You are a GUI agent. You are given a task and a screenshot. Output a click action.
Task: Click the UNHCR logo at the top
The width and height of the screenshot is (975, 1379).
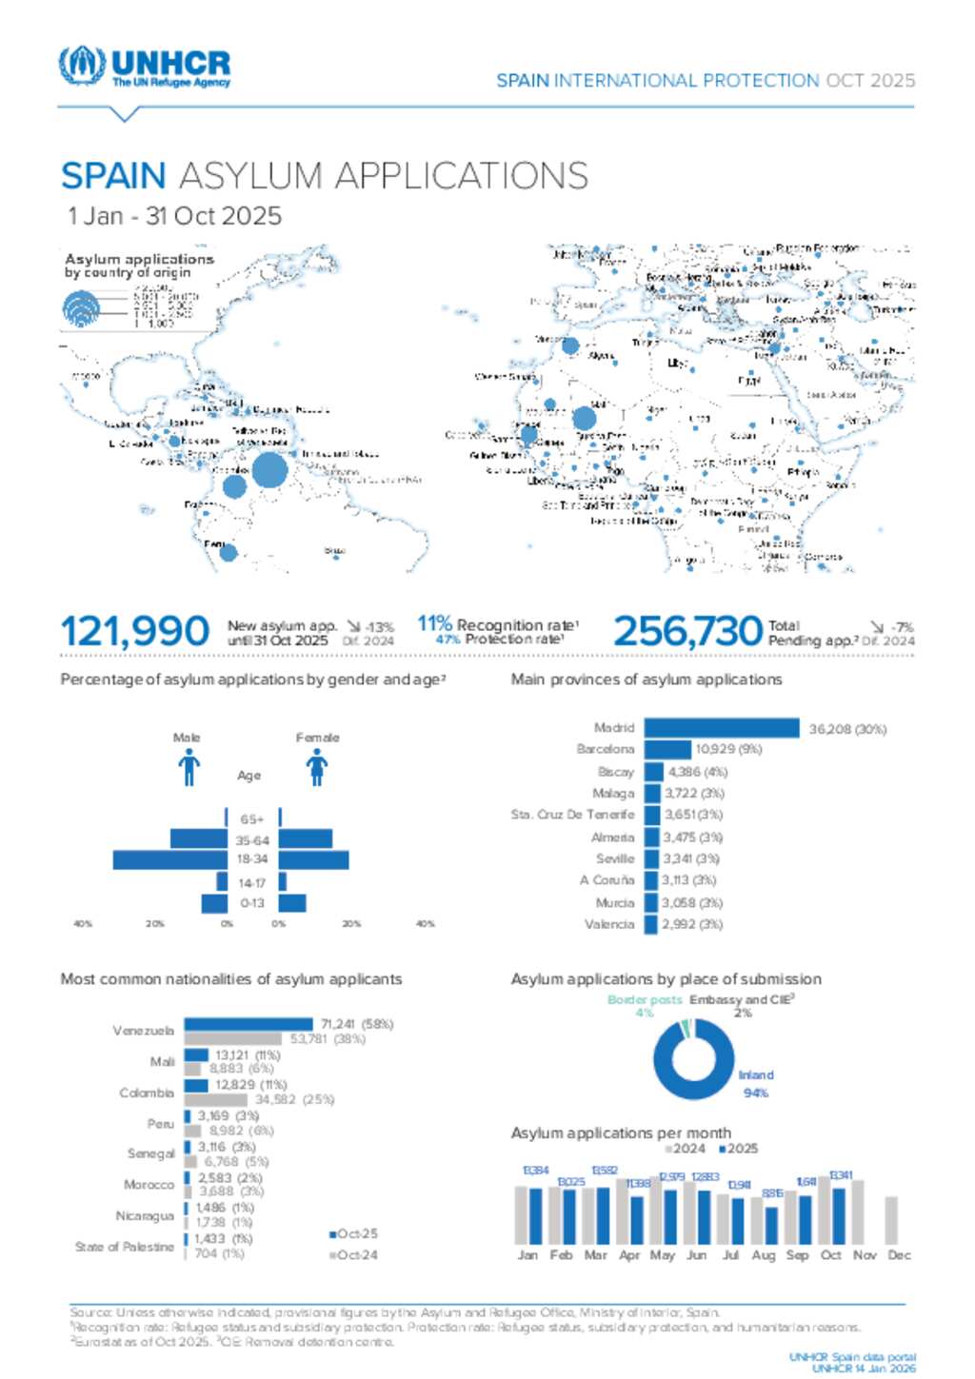pos(145,68)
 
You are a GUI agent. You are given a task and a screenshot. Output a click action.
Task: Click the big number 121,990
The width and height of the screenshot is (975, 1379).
pos(134,632)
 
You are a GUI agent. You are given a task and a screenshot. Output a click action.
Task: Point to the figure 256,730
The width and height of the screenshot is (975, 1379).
pos(687,632)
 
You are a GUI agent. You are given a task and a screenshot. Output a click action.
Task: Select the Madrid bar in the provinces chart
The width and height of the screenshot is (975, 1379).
pos(722,728)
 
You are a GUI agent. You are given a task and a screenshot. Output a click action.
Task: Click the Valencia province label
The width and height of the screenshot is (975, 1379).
pos(609,924)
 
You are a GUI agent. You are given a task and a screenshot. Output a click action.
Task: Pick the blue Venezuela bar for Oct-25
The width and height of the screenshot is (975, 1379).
pos(249,1024)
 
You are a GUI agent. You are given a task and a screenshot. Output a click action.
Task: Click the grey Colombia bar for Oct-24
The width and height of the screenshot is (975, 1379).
pos(216,1099)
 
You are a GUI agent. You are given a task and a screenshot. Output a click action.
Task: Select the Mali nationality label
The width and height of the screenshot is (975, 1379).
pos(162,1061)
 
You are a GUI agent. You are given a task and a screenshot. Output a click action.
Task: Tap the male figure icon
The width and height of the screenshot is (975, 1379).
pos(189,766)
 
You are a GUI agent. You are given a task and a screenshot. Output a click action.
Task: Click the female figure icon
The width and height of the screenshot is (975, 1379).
pos(317,766)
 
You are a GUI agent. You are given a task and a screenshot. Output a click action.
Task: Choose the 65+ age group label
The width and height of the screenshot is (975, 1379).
pos(252,819)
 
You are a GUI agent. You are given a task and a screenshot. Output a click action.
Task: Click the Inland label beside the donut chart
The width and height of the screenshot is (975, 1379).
pos(756,1075)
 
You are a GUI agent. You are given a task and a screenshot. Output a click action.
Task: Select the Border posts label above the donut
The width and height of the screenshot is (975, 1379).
pos(645,1000)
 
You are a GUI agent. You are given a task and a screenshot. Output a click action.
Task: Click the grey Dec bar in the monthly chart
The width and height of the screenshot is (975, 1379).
pos(891,1220)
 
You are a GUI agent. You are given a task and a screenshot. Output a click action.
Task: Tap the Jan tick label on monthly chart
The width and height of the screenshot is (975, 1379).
pos(527,1255)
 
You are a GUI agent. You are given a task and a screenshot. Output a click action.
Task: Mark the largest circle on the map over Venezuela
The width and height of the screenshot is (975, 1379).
pos(270,470)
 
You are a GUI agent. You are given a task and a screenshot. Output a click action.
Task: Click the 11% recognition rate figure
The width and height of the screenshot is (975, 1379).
pos(435,623)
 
